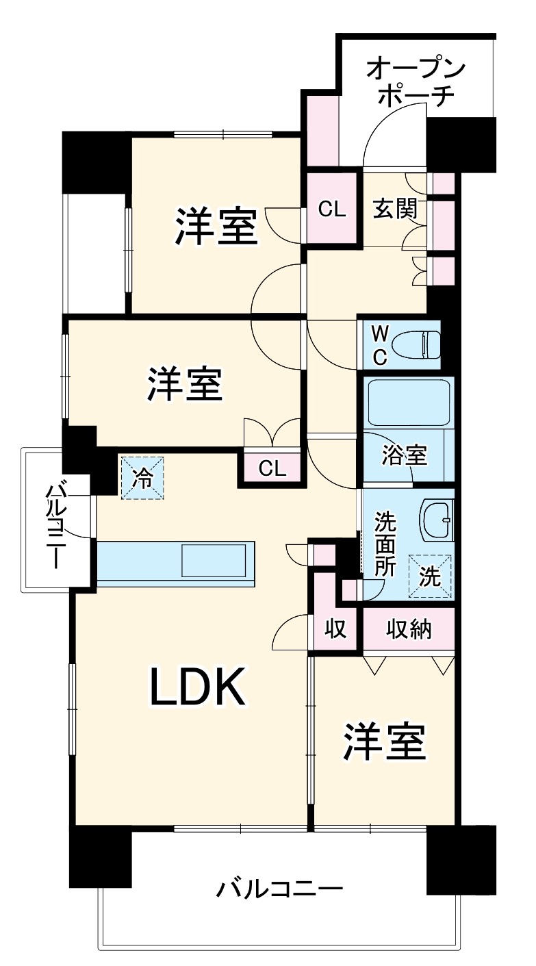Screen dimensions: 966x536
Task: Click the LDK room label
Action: (x=198, y=687)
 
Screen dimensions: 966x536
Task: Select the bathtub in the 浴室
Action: (x=409, y=403)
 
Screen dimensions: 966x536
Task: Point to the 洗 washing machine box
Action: (x=430, y=576)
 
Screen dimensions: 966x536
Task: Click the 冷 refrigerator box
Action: (x=143, y=477)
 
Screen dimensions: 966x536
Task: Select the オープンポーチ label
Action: (x=416, y=82)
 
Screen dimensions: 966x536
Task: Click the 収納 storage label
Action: (x=408, y=628)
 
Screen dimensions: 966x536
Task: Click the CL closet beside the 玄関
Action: (x=332, y=209)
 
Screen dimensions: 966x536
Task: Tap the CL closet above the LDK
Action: (x=272, y=468)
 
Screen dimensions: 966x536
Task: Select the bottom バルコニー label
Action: (x=279, y=890)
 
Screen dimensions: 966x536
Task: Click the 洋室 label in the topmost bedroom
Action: (x=216, y=226)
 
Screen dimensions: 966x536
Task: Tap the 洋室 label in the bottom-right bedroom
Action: (x=385, y=741)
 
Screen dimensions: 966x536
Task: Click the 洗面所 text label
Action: (x=384, y=544)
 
